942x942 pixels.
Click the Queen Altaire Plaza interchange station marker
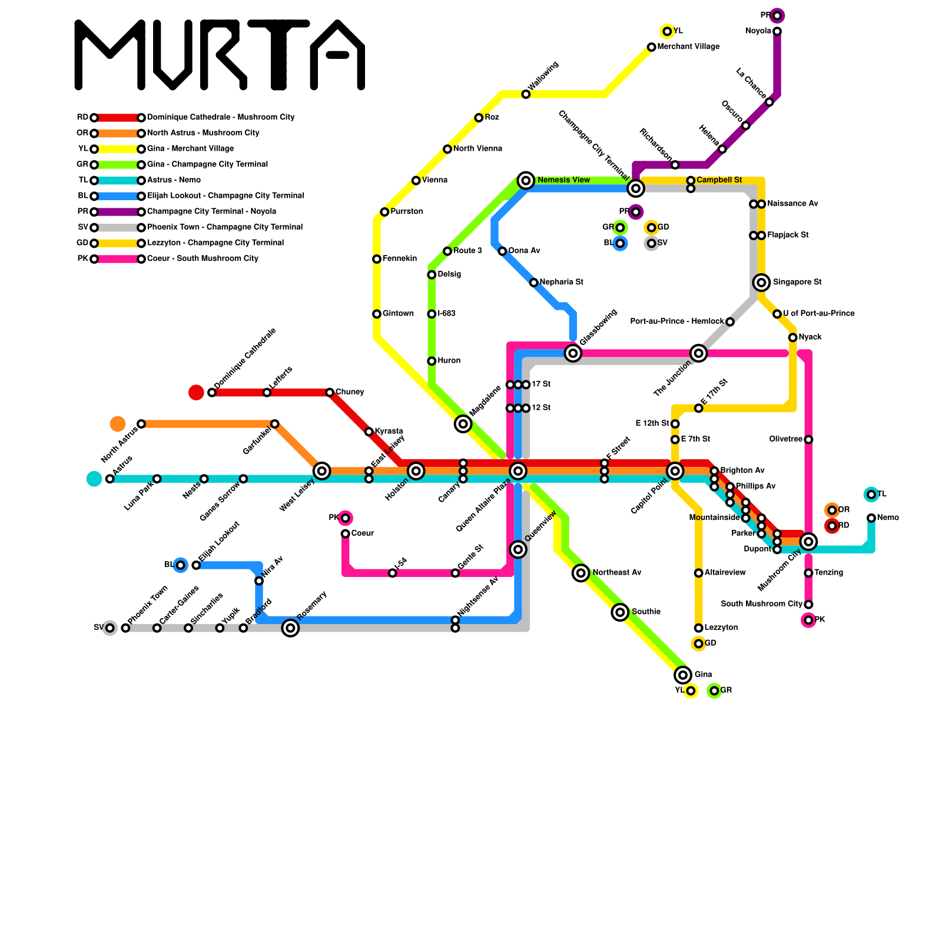pos(518,470)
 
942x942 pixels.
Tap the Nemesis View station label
pos(563,180)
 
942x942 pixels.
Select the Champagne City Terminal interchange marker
pos(635,188)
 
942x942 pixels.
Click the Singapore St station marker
pos(761,283)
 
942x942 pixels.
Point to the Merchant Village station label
pos(688,47)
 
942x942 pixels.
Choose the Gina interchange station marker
pos(682,675)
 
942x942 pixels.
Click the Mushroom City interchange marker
pos(808,541)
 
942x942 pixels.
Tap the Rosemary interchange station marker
pos(290,628)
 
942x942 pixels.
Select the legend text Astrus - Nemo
pos(174,180)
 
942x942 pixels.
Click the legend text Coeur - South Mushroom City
pos(203,258)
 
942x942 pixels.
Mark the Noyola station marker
pos(777,31)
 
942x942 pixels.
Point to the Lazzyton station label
pos(721,628)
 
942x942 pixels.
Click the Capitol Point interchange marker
pos(675,470)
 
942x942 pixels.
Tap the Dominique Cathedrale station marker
pos(212,392)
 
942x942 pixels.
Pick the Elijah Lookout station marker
pos(196,565)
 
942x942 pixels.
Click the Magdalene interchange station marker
pos(463,423)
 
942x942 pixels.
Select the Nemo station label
pos(888,518)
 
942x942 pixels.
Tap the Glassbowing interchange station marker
pos(573,353)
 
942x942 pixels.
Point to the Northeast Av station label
pos(616,572)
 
